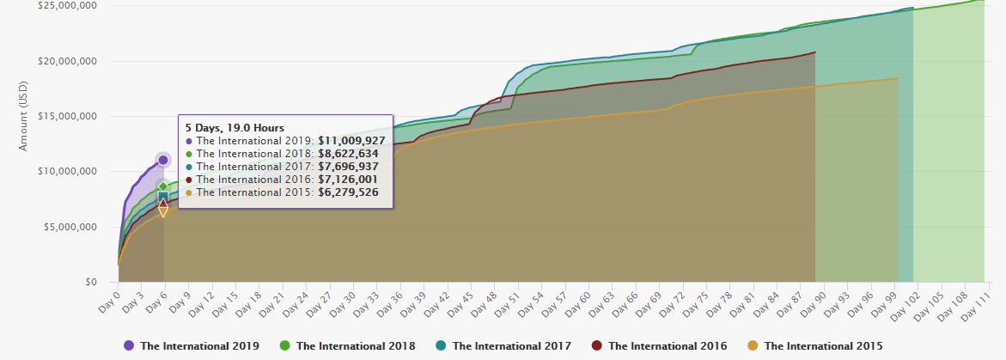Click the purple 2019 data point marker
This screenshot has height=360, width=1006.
click(163, 160)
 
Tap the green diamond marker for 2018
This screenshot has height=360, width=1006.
click(163, 186)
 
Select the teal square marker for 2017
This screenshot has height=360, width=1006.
click(163, 198)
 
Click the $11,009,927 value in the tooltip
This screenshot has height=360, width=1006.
click(351, 140)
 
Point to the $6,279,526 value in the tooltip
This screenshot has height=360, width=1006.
click(347, 192)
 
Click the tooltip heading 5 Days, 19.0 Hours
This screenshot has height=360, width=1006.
click(235, 127)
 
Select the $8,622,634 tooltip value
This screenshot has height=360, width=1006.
click(347, 154)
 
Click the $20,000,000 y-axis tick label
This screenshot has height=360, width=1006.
click(67, 61)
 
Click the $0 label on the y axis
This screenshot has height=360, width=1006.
click(88, 282)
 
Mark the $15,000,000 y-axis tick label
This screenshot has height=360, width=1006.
click(67, 116)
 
